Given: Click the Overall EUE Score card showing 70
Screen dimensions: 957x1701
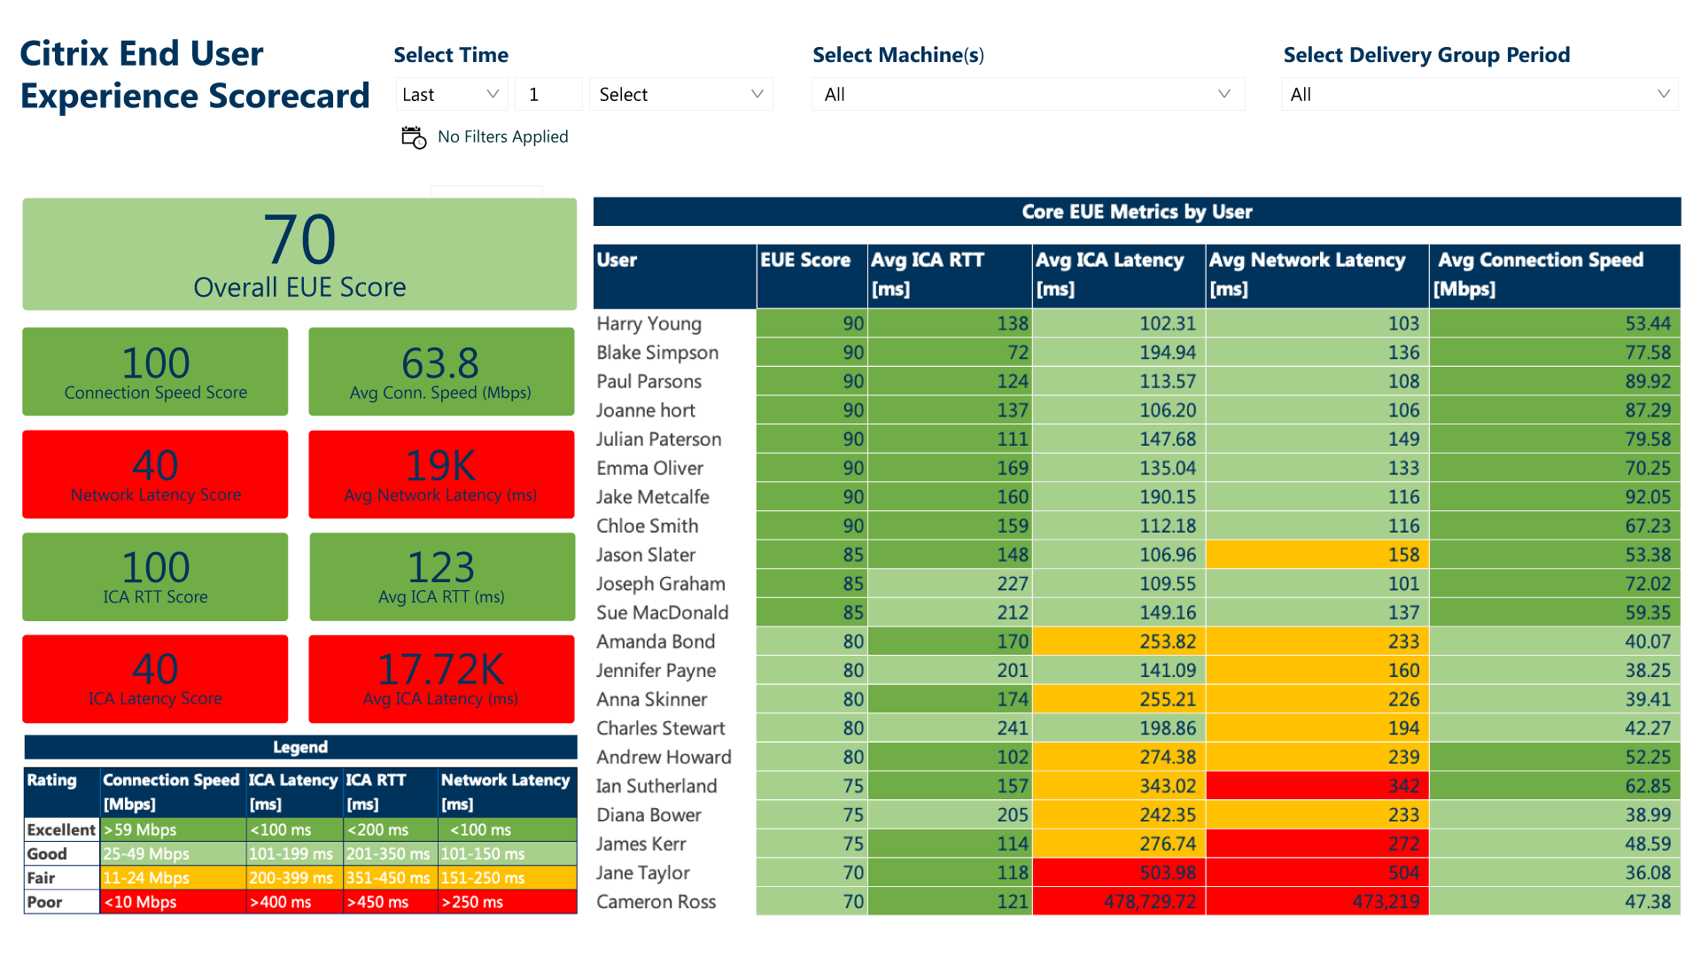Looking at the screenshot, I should (299, 254).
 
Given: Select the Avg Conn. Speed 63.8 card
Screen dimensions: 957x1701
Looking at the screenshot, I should (441, 371).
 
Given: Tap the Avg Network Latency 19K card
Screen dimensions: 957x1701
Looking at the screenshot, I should (441, 474).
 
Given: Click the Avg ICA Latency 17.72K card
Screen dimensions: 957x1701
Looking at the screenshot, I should (441, 679).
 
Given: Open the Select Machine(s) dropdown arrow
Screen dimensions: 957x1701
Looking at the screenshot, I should (1223, 94).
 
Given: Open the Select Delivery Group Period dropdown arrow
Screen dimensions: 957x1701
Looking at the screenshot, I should (1663, 94).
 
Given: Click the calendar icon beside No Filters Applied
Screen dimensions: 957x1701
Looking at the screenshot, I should (414, 137).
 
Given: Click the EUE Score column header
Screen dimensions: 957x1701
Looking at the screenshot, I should (805, 261).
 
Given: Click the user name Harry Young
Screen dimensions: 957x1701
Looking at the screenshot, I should (649, 324).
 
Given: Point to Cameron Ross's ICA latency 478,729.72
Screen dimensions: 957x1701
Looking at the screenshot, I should (1149, 902).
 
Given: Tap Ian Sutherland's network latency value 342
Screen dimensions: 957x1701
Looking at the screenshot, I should (1403, 786).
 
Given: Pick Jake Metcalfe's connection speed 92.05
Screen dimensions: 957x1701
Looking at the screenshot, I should (1647, 497).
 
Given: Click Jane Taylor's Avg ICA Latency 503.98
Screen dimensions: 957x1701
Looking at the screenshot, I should (1167, 873).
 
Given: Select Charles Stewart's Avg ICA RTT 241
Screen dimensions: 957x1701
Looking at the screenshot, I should (1012, 728).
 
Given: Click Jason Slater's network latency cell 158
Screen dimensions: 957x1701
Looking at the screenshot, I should (1403, 555).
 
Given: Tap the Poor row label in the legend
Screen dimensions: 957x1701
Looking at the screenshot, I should (45, 902).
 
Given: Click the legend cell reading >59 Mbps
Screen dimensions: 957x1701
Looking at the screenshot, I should (141, 830).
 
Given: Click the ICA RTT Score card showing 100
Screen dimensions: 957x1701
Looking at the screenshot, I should (155, 577).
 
